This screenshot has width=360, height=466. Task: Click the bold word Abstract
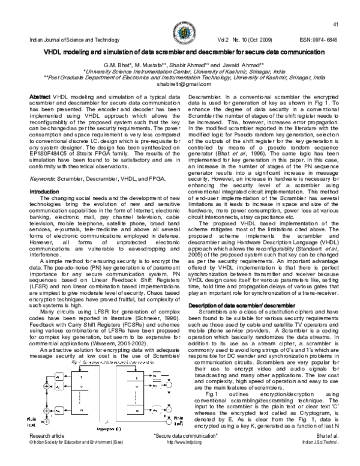[40, 96]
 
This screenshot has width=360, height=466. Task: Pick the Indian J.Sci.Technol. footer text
[318, 457]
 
